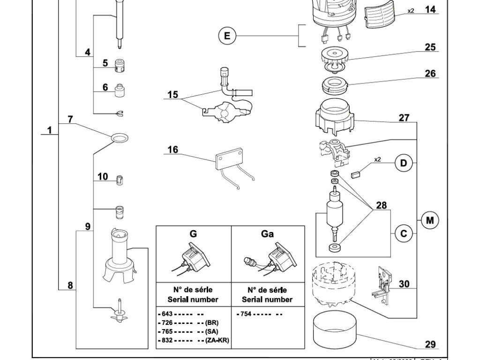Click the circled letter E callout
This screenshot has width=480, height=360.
click(227, 36)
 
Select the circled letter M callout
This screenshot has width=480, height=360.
click(429, 220)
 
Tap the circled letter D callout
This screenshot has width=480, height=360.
click(404, 163)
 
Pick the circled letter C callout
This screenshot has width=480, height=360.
click(404, 233)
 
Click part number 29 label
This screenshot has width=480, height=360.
click(430, 345)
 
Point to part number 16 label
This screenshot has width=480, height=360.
click(172, 150)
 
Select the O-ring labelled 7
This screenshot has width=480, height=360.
click(120, 138)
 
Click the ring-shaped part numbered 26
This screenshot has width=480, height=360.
click(334, 86)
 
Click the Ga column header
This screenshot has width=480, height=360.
click(267, 234)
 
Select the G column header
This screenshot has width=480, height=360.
click(193, 234)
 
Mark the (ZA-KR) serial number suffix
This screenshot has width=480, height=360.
click(217, 340)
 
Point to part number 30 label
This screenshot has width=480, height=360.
click(404, 284)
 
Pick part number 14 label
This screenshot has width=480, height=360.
click(430, 9)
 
